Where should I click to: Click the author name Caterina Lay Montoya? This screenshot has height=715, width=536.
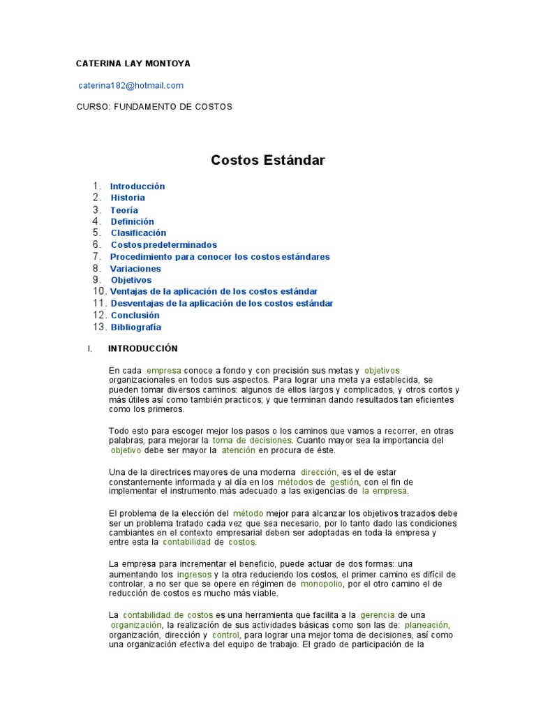[133, 64]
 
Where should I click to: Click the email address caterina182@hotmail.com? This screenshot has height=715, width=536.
[131, 85]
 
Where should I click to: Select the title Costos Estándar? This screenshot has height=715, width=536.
[268, 161]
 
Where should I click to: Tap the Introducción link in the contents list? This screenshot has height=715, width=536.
[137, 186]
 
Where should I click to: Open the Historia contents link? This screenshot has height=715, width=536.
[128, 198]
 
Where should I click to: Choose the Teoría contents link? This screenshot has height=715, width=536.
[124, 210]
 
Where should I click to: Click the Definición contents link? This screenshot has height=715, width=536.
[133, 221]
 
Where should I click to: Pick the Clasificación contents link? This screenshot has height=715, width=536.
[138, 233]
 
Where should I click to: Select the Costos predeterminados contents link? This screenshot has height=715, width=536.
[164, 245]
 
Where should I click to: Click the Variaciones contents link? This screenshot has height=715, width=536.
[135, 269]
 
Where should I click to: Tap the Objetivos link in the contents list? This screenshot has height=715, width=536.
[131, 280]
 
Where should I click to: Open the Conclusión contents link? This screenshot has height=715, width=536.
[135, 316]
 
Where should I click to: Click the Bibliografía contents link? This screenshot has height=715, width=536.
[136, 327]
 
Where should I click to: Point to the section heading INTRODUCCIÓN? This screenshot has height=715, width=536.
[143, 348]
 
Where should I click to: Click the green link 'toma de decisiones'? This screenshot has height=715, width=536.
[252, 441]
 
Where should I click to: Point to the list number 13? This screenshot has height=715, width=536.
[99, 327]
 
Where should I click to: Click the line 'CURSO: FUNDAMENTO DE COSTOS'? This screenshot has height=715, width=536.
[154, 107]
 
